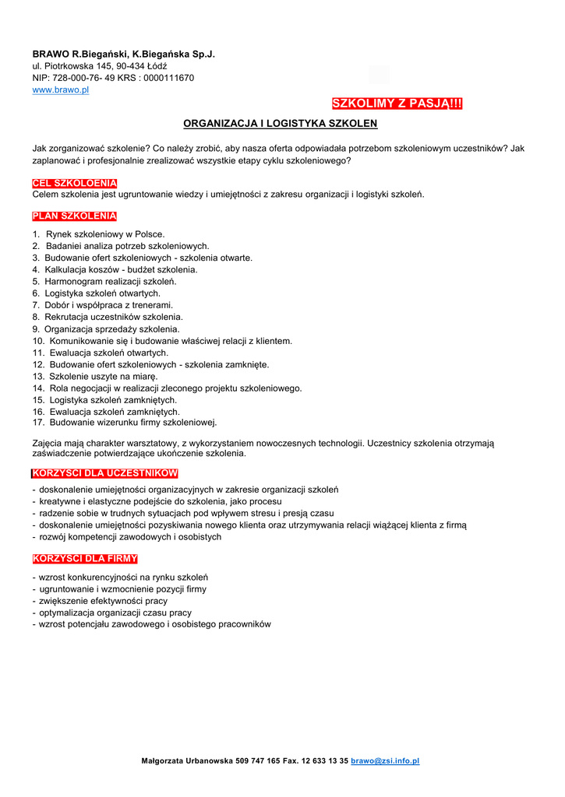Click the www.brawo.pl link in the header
tap(61, 90)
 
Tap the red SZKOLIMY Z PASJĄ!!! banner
tap(397, 104)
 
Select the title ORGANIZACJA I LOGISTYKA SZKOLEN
tap(280, 124)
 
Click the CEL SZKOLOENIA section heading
tap(74, 184)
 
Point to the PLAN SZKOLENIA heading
tap(74, 216)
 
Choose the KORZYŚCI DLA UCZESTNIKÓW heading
tap(105, 473)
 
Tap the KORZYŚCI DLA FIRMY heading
tap(85, 559)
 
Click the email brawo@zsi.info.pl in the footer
tap(385, 760)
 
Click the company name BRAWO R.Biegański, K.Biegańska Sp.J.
tap(123, 54)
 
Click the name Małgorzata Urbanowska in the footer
tap(186, 760)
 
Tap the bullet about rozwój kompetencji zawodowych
tap(129, 537)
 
